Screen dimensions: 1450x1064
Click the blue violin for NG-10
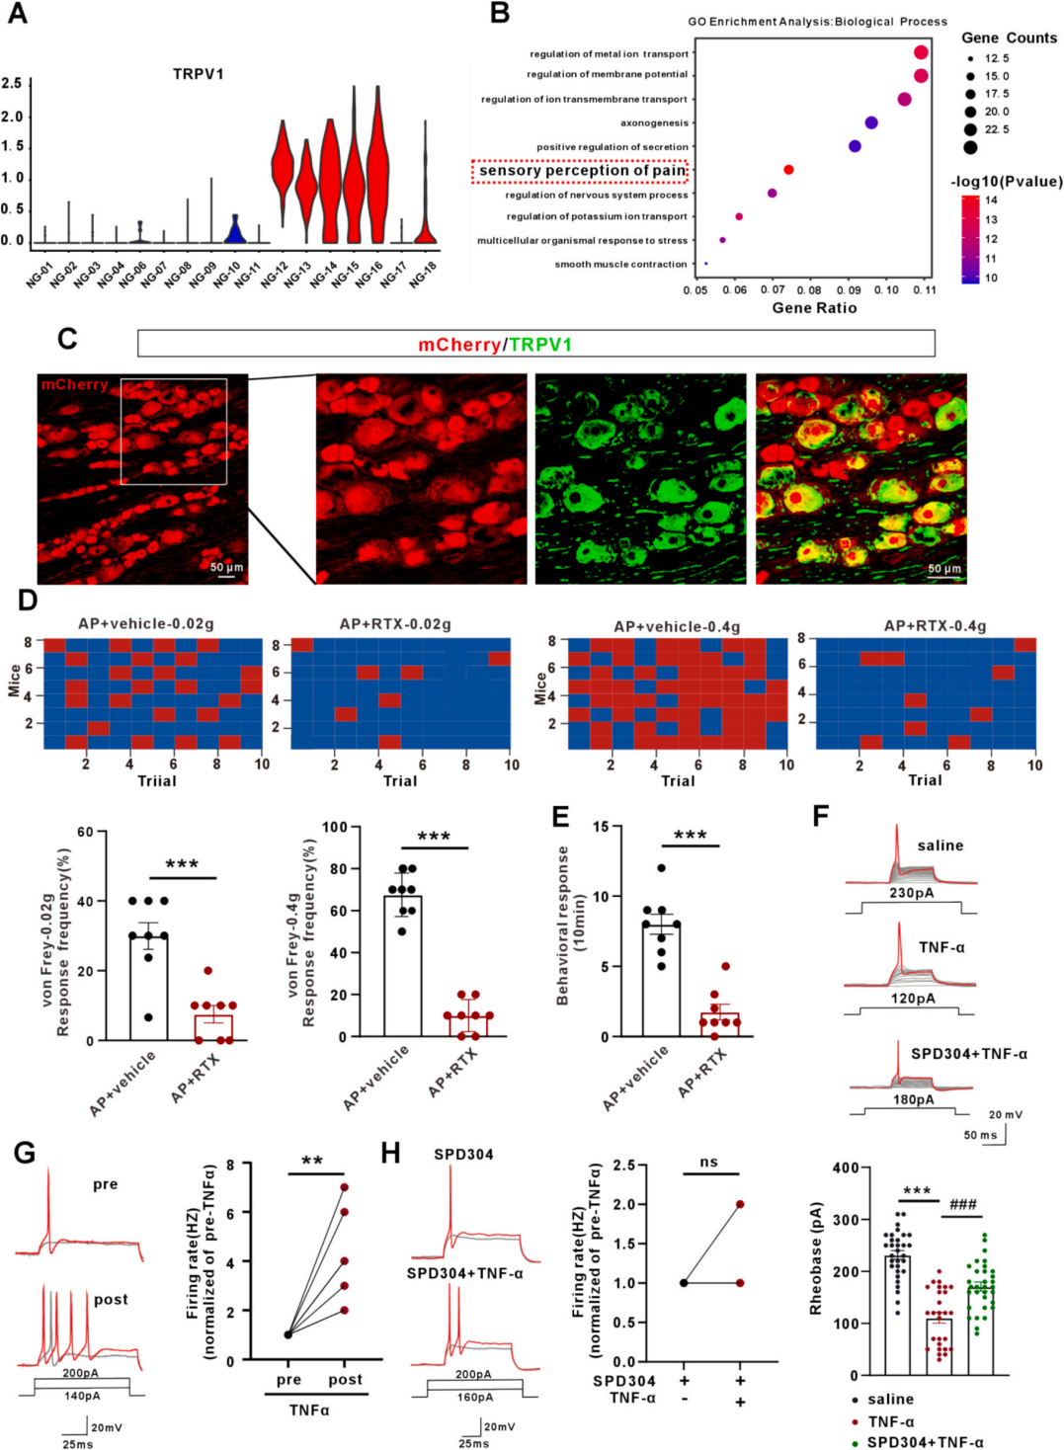(234, 231)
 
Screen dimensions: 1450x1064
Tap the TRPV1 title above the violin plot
(199, 74)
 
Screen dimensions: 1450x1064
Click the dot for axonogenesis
(871, 122)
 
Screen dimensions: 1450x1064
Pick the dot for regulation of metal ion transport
(921, 53)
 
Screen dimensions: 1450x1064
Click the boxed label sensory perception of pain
(580, 171)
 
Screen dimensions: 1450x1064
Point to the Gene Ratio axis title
(814, 308)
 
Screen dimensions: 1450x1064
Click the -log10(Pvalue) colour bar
(970, 239)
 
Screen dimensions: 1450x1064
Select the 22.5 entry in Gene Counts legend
(995, 129)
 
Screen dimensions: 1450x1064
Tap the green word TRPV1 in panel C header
(540, 345)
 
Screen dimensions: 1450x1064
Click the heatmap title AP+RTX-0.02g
(395, 624)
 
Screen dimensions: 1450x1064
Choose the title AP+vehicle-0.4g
(677, 626)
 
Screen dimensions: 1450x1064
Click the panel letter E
(560, 816)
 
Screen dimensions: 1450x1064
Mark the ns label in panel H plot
(709, 1162)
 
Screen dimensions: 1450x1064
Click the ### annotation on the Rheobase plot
(962, 1204)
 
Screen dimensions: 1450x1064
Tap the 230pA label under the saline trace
(911, 893)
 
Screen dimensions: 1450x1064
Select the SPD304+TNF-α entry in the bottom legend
(925, 1442)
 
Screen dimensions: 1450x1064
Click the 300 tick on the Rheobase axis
(846, 1219)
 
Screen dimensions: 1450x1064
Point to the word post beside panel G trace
(111, 1300)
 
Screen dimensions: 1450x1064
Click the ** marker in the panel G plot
(312, 1161)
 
